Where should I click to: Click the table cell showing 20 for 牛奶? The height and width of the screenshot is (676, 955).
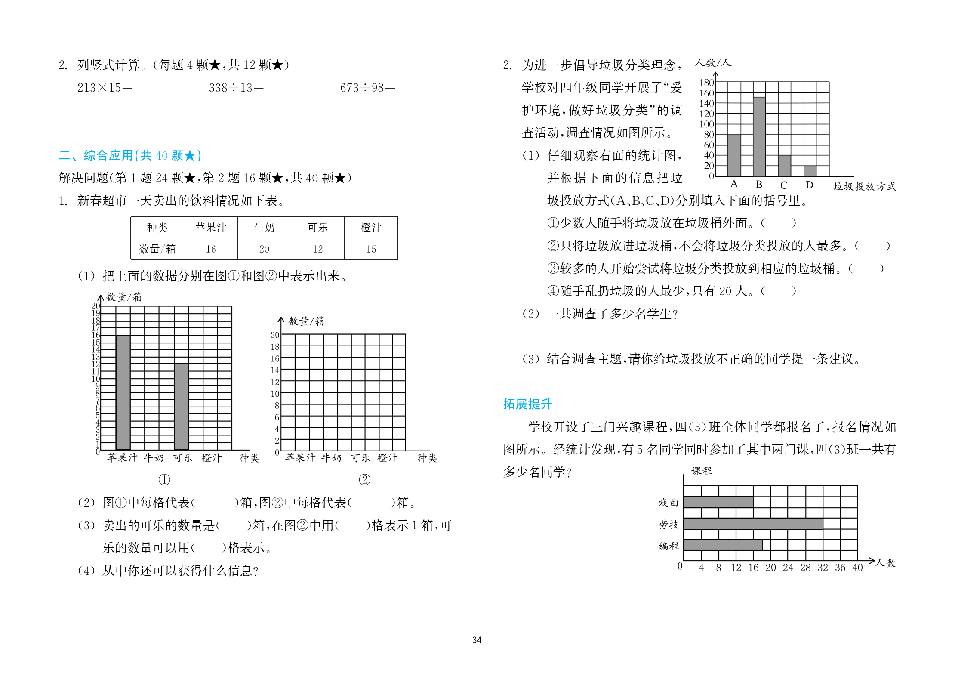(x=264, y=249)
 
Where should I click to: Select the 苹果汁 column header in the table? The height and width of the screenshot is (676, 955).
(x=210, y=228)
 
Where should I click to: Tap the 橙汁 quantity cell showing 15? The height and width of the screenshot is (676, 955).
(x=371, y=249)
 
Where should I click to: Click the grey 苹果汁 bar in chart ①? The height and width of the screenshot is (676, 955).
(x=123, y=392)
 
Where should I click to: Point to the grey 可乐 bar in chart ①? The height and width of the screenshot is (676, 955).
(x=181, y=407)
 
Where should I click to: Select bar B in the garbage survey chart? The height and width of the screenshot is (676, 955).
(x=759, y=137)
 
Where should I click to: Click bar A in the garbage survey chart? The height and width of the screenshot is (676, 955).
(x=734, y=156)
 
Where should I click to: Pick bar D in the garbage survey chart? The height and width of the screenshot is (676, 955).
(x=810, y=171)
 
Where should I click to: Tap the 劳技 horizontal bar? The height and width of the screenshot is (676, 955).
(x=753, y=524)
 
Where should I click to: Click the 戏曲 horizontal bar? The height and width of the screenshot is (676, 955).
(x=718, y=502)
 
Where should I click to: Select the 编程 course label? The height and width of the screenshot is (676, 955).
(x=668, y=546)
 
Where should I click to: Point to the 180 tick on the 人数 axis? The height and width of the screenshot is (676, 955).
(x=706, y=83)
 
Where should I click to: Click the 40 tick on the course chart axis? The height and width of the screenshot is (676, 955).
(x=857, y=568)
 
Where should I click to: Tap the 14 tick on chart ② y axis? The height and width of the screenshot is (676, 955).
(x=275, y=370)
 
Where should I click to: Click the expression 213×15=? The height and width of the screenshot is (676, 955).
(x=105, y=88)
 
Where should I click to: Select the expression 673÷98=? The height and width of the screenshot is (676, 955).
(x=367, y=88)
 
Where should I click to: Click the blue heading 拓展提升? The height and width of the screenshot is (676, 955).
(x=527, y=404)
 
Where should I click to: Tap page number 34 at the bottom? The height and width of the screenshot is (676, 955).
(x=477, y=640)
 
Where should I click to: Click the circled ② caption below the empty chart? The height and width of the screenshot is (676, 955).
(x=364, y=479)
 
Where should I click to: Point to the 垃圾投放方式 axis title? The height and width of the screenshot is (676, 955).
(x=865, y=186)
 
